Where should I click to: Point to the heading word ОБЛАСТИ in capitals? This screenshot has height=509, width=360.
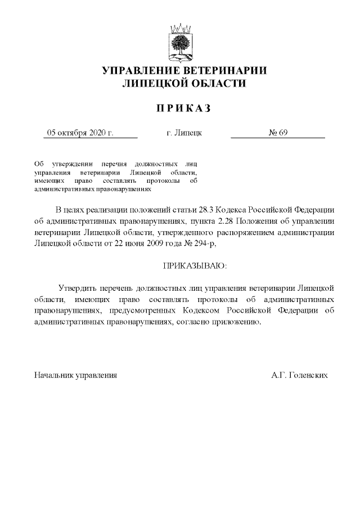click(216, 84)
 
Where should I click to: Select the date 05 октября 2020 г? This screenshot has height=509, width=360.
click(80, 133)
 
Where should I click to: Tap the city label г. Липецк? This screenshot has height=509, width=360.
click(184, 133)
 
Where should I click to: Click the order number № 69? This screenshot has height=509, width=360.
click(278, 133)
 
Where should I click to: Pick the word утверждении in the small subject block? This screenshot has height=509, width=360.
click(72, 162)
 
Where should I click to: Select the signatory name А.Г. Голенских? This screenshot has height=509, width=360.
click(299, 374)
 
